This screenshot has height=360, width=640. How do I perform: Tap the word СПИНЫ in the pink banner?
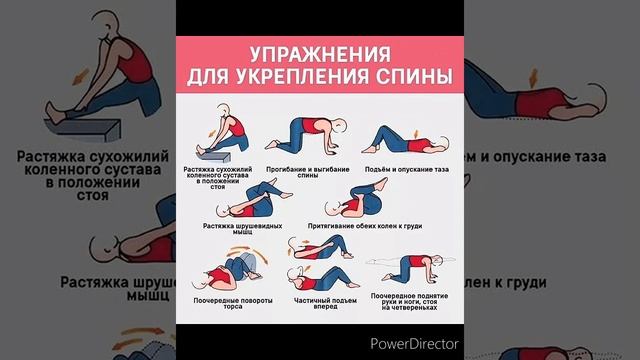click(x=409, y=76)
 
